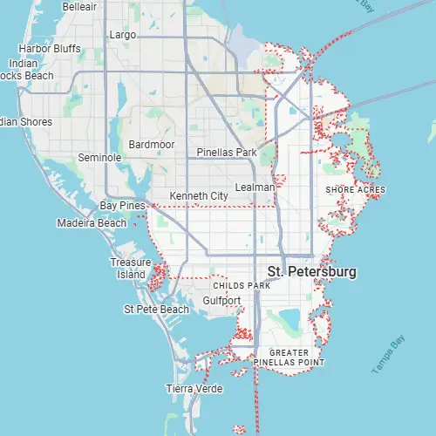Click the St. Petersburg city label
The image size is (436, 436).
point(311,272)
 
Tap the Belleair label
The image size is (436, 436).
point(80,6)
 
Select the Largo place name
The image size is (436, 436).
point(120,35)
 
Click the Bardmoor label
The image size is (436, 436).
point(150,143)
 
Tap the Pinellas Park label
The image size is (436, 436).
point(226,153)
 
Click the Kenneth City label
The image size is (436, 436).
point(199,196)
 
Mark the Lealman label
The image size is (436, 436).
point(255,187)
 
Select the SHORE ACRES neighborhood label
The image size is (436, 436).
point(355,189)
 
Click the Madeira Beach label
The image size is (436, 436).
point(91,223)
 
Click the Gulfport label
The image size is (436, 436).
point(221,300)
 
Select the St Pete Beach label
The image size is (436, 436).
point(156,309)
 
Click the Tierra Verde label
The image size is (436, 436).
point(194,388)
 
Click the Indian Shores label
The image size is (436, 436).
point(24,122)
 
